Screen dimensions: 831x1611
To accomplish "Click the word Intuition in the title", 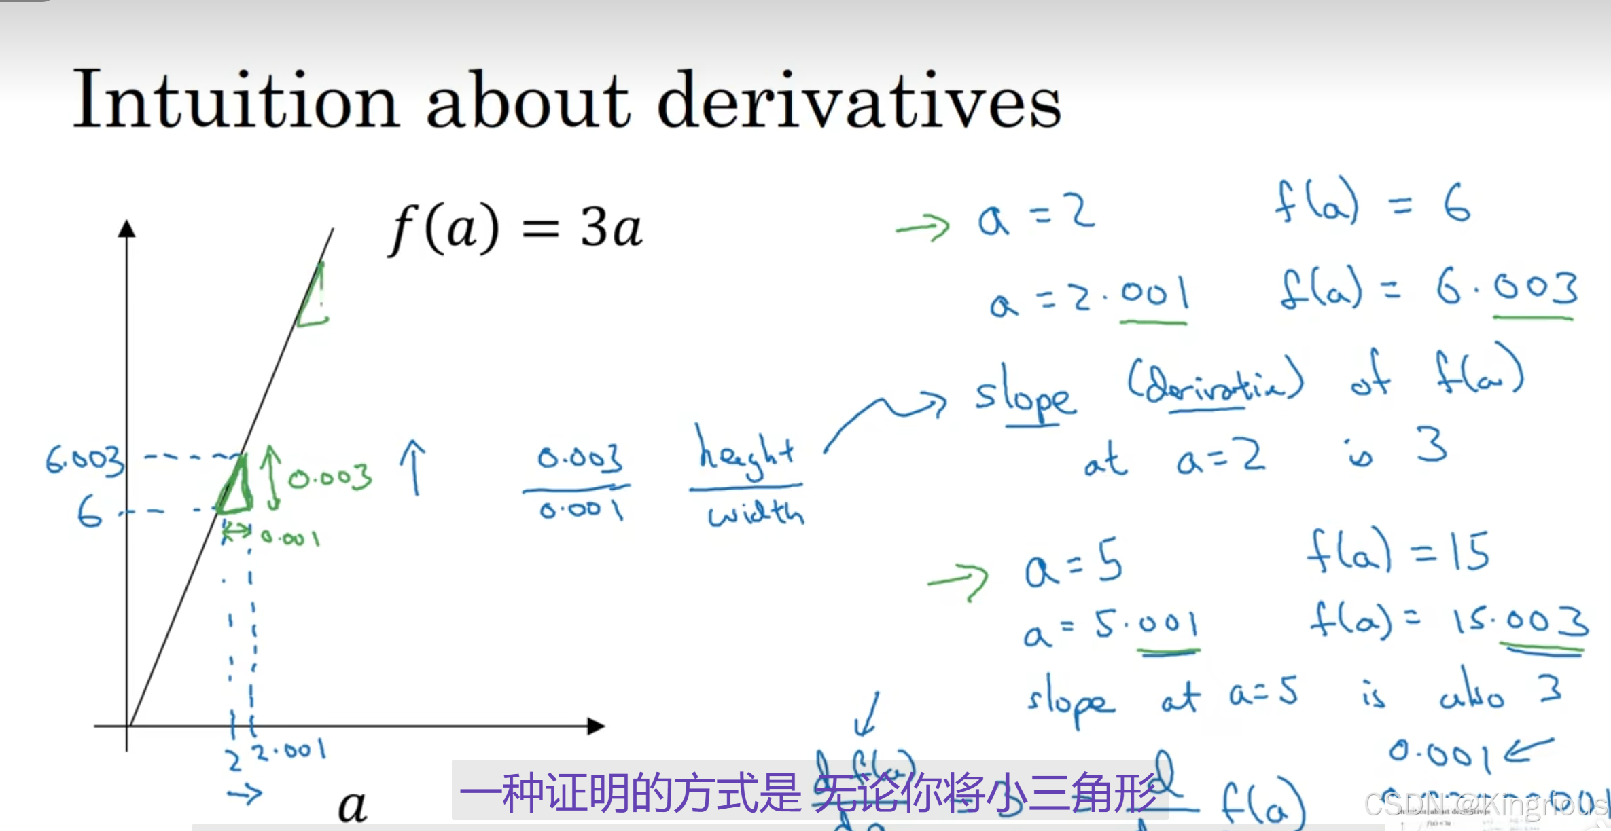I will click(x=235, y=100).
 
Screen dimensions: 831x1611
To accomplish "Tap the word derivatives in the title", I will click(x=859, y=100).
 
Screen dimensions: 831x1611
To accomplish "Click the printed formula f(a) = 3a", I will click(x=515, y=228).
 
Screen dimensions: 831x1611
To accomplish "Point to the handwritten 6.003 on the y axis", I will click(x=86, y=460).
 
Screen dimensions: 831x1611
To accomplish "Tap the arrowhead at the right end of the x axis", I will click(x=595, y=726).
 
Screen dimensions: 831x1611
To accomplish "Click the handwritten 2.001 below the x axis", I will click(x=289, y=751).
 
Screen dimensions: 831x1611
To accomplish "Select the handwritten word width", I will click(x=756, y=513).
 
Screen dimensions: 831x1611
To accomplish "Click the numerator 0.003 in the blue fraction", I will click(x=580, y=458).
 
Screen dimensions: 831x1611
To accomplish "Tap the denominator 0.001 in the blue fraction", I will click(x=581, y=509).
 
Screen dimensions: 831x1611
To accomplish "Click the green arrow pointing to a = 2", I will click(x=923, y=227).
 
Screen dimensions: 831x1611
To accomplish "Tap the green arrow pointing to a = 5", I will click(x=958, y=580).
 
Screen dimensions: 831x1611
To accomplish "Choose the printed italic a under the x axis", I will click(x=352, y=807).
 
